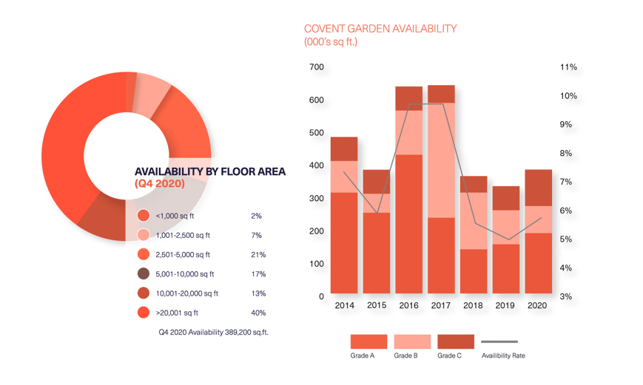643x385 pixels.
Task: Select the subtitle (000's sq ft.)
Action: (331, 43)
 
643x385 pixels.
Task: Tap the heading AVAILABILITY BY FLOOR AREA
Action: (210, 171)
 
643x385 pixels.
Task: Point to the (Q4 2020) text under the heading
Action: (159, 183)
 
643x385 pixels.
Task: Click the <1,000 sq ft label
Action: (177, 216)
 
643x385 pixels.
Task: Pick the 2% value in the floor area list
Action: (256, 216)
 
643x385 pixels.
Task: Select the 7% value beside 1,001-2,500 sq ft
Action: (256, 235)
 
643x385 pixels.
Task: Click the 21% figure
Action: (257, 254)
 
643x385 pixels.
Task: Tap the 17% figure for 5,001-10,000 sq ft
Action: (257, 273)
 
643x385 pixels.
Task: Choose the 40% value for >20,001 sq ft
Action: (258, 312)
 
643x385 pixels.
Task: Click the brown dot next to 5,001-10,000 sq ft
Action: (144, 273)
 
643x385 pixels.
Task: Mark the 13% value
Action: (257, 293)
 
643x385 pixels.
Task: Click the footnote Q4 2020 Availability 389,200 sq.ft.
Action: (213, 333)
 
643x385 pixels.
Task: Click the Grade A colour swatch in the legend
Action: (368, 341)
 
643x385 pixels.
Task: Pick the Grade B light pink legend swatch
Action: (411, 341)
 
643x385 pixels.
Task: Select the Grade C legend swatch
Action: (455, 341)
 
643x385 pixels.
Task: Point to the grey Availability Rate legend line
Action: (499, 342)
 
